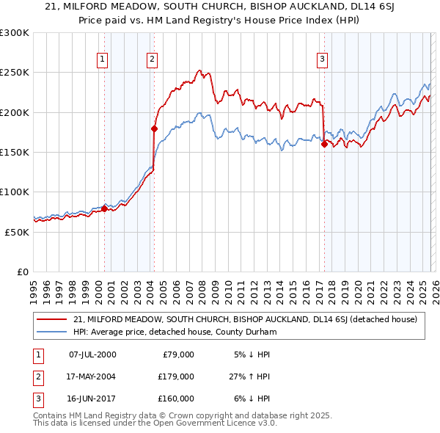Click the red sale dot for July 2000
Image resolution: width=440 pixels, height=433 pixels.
(104, 208)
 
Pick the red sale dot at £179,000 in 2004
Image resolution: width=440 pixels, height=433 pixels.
(154, 128)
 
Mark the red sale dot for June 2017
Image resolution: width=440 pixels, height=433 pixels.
(323, 144)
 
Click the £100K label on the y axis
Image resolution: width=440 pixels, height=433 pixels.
(15, 192)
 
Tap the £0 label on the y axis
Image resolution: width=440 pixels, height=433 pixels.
(22, 272)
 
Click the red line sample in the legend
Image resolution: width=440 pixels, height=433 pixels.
(51, 319)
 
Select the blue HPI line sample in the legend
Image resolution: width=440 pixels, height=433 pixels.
(51, 332)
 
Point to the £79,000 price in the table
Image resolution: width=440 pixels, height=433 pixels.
(178, 354)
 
